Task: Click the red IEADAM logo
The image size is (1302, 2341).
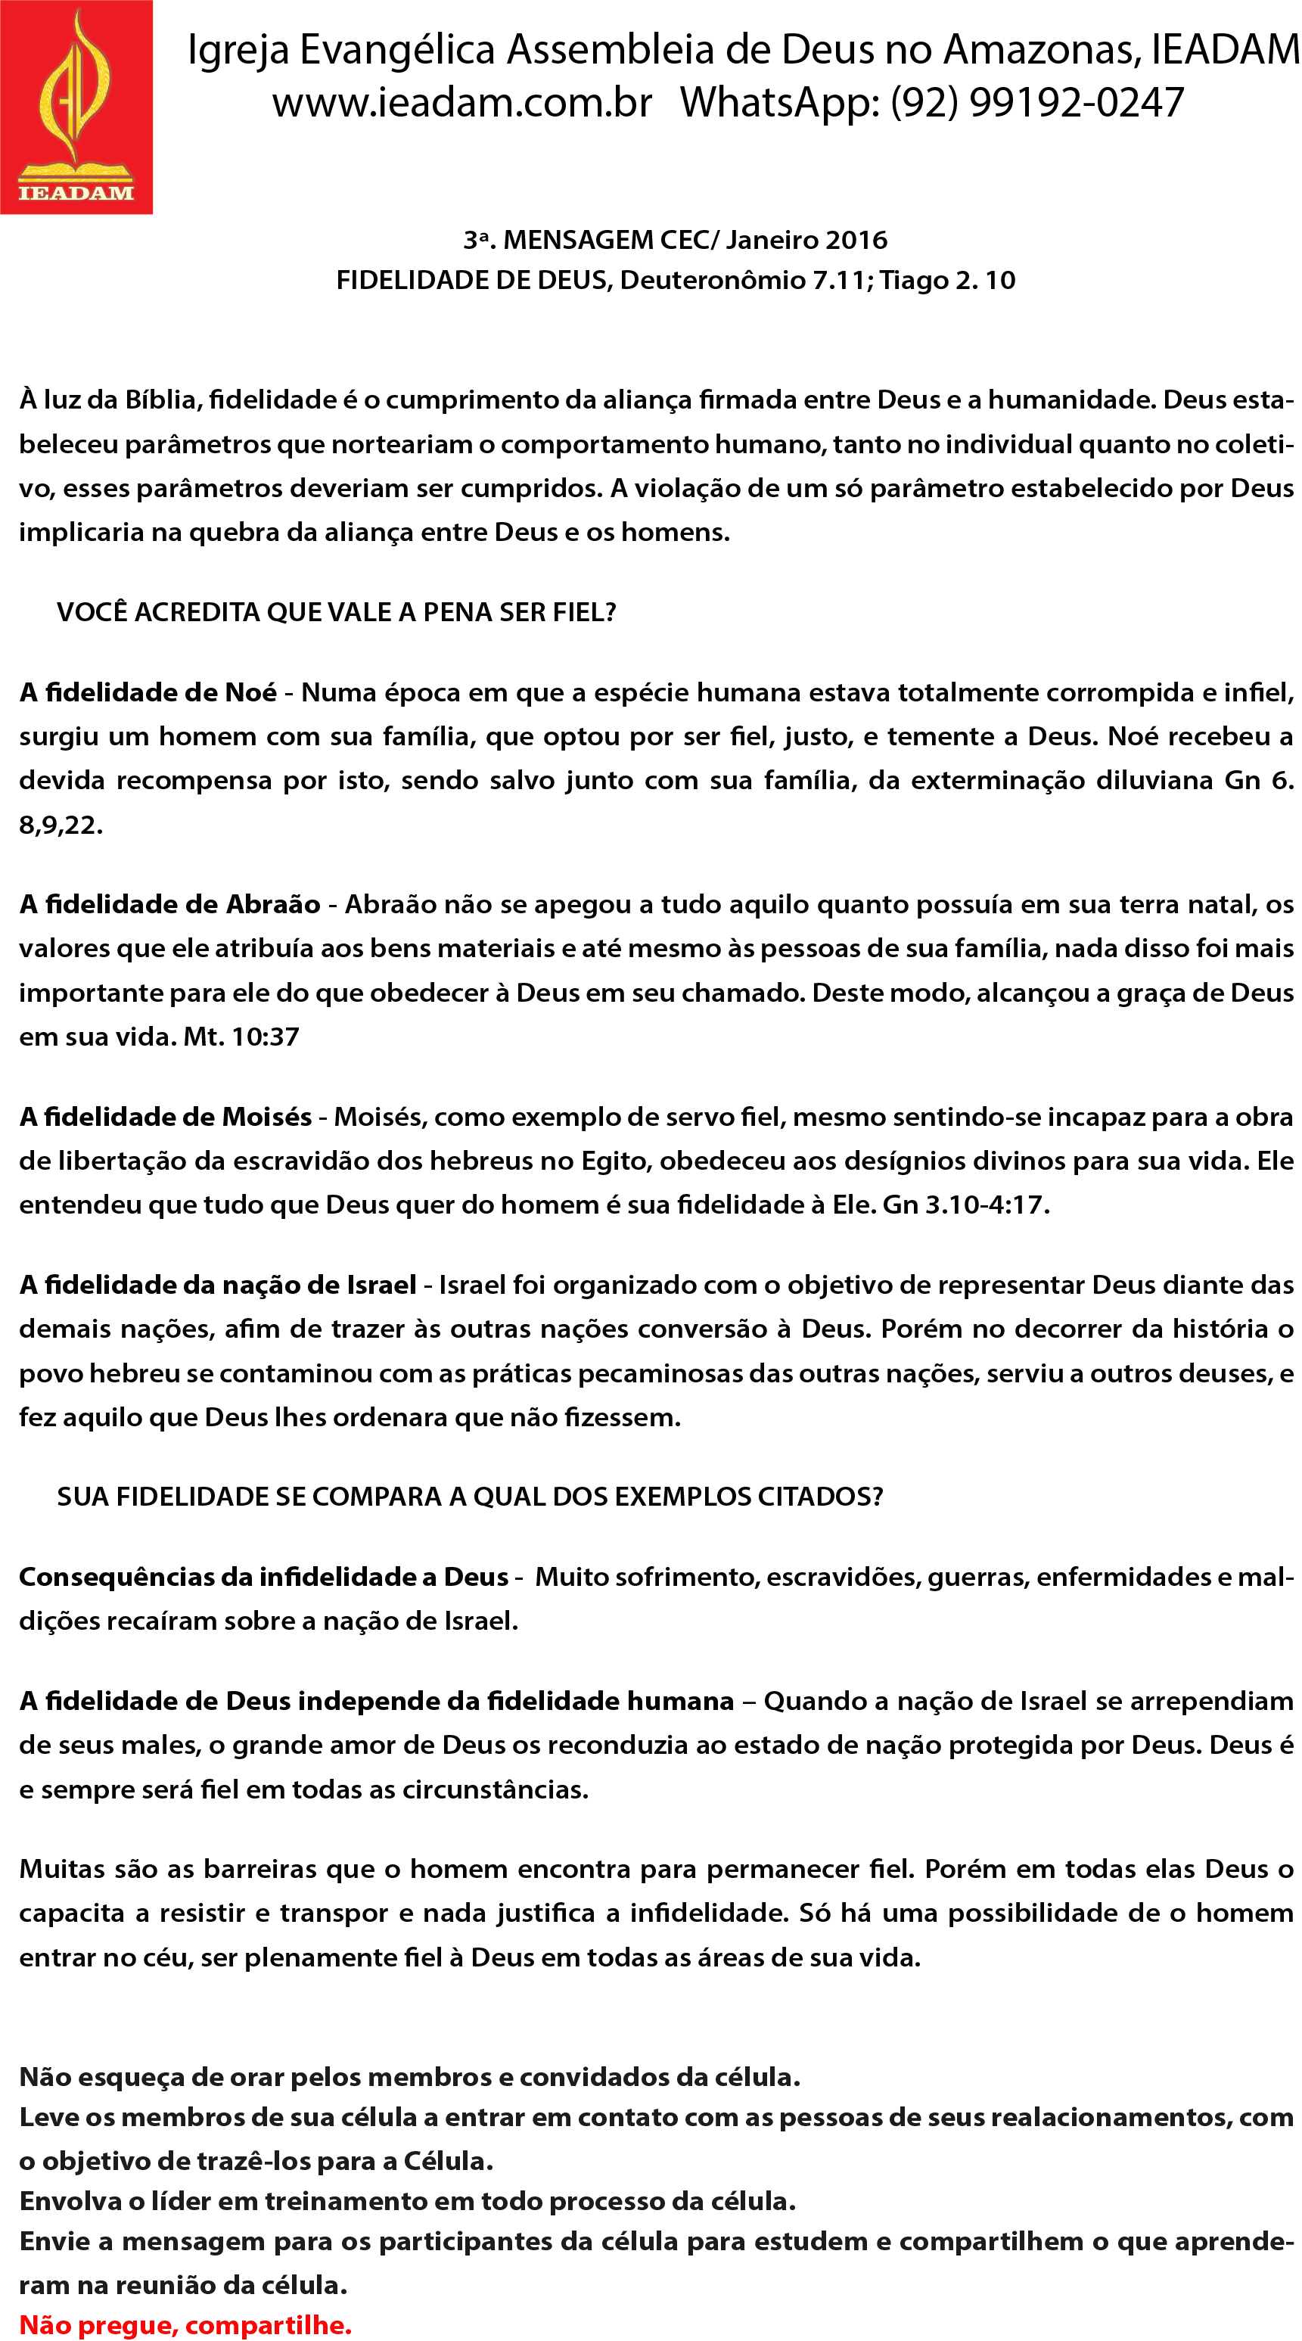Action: click(x=76, y=107)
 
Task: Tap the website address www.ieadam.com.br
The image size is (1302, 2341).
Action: click(x=461, y=103)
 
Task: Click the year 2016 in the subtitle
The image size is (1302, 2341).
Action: click(x=857, y=240)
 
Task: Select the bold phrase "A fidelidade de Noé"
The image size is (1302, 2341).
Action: click(x=148, y=693)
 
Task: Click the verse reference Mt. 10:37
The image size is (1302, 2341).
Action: click(x=241, y=1037)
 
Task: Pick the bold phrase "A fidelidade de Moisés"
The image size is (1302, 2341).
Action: click(x=166, y=1117)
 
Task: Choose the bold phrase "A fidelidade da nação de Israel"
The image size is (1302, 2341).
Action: click(x=218, y=1285)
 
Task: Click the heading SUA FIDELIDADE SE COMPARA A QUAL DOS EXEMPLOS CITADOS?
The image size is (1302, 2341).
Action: click(x=470, y=1497)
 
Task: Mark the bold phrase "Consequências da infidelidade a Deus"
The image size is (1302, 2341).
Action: click(x=263, y=1577)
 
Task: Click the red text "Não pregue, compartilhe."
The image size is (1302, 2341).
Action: click(x=185, y=2318)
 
